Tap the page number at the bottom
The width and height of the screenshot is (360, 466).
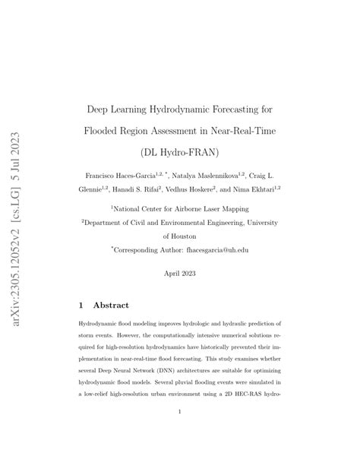180,434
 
